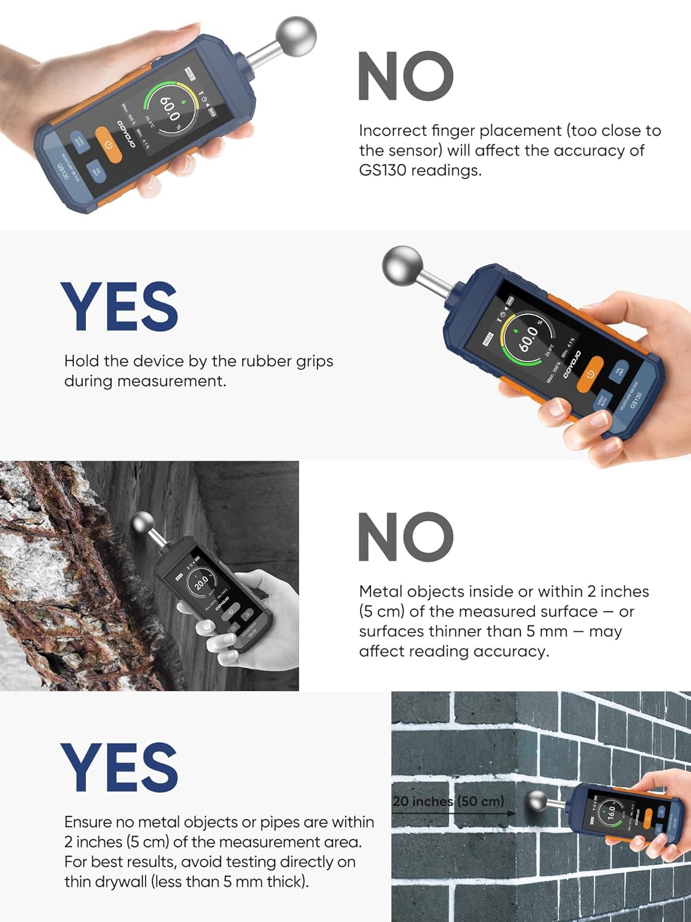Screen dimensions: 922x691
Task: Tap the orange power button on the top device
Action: (109, 145)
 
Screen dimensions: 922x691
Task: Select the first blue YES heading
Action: (119, 306)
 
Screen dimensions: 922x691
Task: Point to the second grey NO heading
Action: (405, 537)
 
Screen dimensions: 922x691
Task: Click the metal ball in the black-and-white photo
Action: (146, 527)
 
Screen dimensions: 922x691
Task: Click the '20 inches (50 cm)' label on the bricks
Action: (448, 802)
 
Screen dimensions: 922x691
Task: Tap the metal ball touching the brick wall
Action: (536, 802)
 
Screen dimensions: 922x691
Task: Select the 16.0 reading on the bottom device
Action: (611, 813)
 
